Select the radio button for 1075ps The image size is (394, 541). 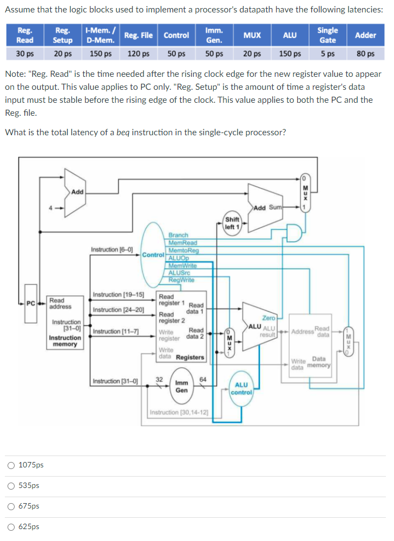tap(11, 465)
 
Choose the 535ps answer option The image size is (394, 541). tap(11, 486)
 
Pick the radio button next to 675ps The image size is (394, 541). tap(11, 506)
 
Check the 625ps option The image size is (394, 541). tap(11, 527)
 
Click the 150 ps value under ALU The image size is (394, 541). tap(290, 54)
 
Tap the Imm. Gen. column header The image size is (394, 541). tap(214, 35)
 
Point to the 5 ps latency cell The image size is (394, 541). tap(327, 54)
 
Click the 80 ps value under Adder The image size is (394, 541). tap(365, 54)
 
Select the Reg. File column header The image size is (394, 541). tap(138, 35)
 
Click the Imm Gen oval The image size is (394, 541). tap(182, 386)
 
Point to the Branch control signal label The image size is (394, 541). tap(178, 235)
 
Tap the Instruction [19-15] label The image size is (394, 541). tap(119, 294)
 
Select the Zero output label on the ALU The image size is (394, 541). tap(268, 318)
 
